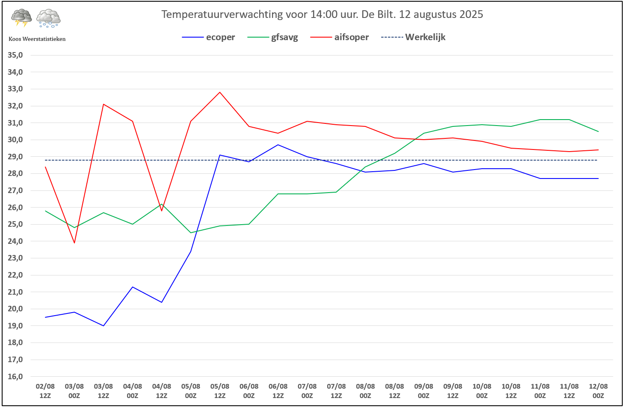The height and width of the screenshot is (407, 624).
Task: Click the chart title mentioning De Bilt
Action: pos(322,14)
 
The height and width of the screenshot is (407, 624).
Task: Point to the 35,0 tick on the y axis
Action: pos(15,55)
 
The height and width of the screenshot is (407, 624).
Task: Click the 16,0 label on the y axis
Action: pos(15,376)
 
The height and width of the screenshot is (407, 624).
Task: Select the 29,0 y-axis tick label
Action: pos(15,157)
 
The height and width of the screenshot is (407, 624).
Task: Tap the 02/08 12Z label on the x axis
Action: pos(45,391)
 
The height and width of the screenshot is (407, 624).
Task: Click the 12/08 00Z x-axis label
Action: pos(598,391)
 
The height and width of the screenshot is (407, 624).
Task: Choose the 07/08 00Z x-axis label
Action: pos(307,391)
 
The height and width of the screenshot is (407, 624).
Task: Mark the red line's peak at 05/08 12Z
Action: pos(220,92)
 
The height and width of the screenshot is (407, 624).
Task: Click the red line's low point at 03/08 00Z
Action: pos(74,243)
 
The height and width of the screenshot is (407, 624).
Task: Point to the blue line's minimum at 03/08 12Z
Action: pos(104,326)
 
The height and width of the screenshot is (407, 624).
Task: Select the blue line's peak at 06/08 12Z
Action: pos(278,145)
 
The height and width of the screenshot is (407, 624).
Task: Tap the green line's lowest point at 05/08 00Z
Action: pos(191,233)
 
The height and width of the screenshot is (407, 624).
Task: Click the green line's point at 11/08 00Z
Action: pos(540,120)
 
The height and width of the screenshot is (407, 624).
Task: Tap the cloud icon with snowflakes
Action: pos(48,18)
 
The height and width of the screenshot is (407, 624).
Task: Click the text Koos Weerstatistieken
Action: pos(37,39)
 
